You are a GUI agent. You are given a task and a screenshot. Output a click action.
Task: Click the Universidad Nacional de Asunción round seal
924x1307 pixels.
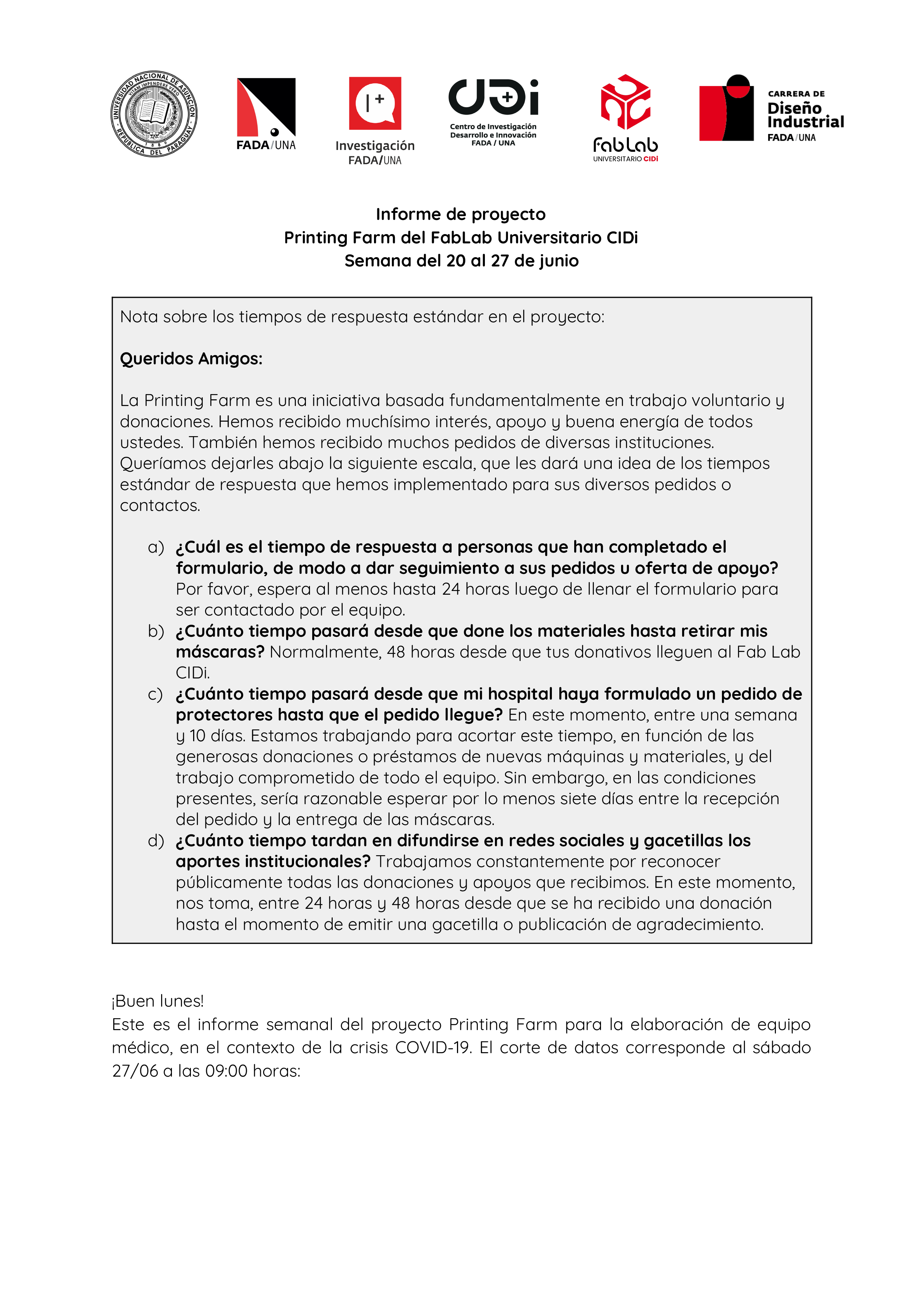(154, 114)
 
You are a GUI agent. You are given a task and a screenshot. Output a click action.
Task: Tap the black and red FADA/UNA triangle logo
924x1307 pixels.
(266, 107)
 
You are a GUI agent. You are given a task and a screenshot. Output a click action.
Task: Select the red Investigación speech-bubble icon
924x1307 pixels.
(375, 103)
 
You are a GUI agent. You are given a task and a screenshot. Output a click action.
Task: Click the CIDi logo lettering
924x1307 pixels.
(493, 97)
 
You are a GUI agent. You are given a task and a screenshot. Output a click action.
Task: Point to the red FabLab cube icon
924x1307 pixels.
(625, 102)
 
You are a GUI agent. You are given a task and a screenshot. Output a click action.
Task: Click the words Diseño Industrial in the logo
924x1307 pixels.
(805, 115)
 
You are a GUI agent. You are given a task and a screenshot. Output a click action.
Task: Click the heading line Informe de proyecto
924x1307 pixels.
(461, 215)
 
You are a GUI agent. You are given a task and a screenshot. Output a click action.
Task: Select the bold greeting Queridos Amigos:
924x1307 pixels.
(191, 359)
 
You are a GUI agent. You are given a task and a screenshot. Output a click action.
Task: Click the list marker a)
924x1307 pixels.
(156, 547)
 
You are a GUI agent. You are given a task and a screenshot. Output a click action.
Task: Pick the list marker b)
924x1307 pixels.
(156, 631)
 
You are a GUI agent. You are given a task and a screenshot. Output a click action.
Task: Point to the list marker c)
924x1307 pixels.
(155, 694)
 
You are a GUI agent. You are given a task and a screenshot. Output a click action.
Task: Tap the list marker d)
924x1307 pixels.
(156, 840)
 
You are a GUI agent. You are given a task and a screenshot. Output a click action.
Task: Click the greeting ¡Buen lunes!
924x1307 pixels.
(158, 1001)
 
